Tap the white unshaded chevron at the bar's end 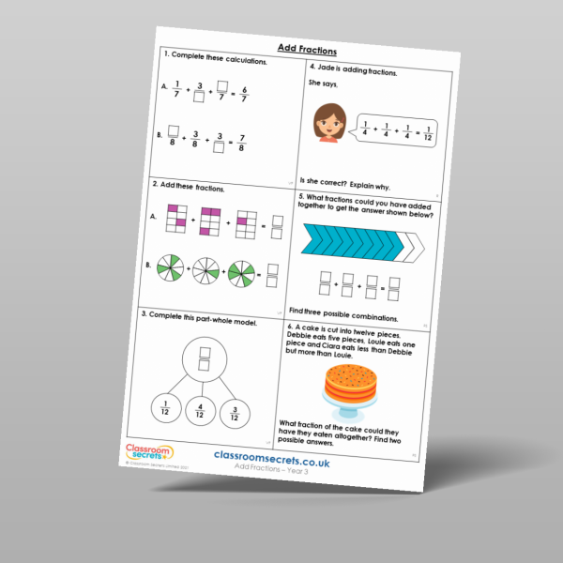click(413, 249)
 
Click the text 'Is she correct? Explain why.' click(356, 178)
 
